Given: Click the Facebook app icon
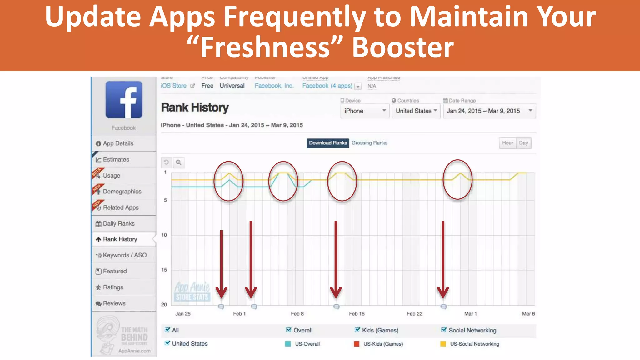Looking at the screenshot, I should click(124, 100).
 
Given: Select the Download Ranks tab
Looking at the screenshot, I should click(328, 143).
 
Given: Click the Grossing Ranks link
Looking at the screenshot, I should click(369, 143).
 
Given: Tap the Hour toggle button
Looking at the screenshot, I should click(507, 143).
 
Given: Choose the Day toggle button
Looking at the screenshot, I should click(523, 143).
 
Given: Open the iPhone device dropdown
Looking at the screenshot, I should click(365, 111).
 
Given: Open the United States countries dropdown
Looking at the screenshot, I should click(416, 111).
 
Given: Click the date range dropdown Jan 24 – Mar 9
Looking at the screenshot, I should click(489, 111).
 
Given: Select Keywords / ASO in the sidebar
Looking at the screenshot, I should click(124, 255).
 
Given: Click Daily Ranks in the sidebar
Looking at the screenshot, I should click(118, 223).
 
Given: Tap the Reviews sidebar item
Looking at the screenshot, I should click(114, 303).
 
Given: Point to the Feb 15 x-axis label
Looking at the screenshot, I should click(357, 314).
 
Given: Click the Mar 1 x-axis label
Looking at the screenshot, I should click(470, 314).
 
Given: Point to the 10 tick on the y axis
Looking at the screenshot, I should click(164, 235).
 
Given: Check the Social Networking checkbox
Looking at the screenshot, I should click(444, 330).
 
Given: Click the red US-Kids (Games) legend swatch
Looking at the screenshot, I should click(357, 344).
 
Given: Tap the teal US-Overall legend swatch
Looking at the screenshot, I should click(288, 344).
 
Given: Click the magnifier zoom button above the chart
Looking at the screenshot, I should click(178, 162).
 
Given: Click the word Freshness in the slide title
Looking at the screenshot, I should click(265, 47).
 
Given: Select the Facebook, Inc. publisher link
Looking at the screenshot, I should click(274, 86).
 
